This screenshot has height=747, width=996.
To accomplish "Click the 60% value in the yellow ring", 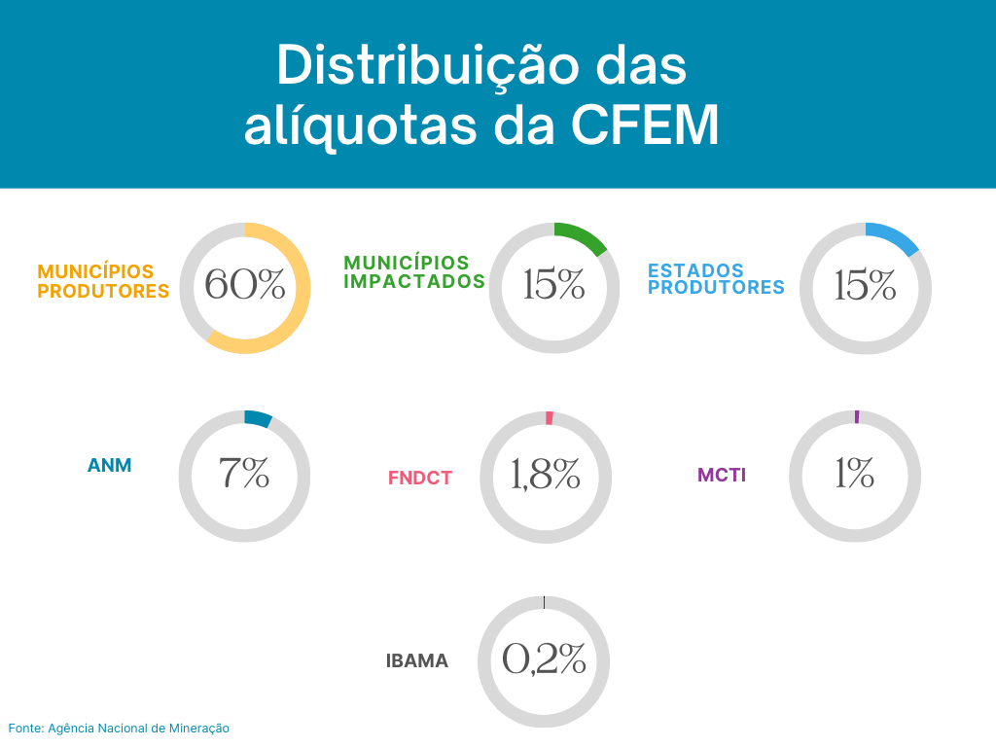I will (x=245, y=285).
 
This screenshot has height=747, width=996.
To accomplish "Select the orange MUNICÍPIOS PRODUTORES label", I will (x=103, y=281).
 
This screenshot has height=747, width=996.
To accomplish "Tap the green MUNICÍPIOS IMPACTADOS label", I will (x=413, y=272).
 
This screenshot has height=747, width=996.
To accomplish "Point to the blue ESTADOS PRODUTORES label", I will (x=716, y=279).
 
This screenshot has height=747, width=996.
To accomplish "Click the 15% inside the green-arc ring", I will (x=553, y=285).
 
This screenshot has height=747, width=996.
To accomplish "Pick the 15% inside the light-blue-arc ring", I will (x=865, y=285).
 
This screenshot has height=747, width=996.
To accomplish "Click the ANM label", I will (x=109, y=466).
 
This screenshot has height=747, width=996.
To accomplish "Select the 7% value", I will (x=244, y=474).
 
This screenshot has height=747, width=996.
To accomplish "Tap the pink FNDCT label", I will (x=420, y=478).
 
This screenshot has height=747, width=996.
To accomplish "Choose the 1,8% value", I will (x=546, y=474).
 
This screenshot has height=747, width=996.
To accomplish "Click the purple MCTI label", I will (x=722, y=476).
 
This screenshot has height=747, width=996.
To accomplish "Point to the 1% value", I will (x=854, y=474).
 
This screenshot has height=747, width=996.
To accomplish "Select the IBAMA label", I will (x=417, y=661).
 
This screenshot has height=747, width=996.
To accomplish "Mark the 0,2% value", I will (x=544, y=659).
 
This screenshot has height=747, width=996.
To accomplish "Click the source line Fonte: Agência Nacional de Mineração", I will (x=119, y=728).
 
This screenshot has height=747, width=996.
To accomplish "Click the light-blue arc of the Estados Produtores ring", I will (x=894, y=236).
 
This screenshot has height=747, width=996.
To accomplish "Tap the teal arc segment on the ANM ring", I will (x=258, y=419).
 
